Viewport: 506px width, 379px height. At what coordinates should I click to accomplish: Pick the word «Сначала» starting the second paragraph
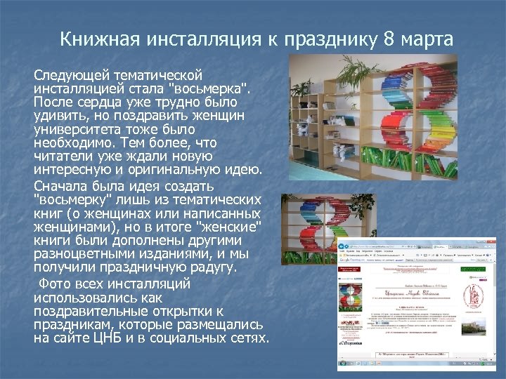pos(62,187)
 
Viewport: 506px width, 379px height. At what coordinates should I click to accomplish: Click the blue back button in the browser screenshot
pos(343,248)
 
